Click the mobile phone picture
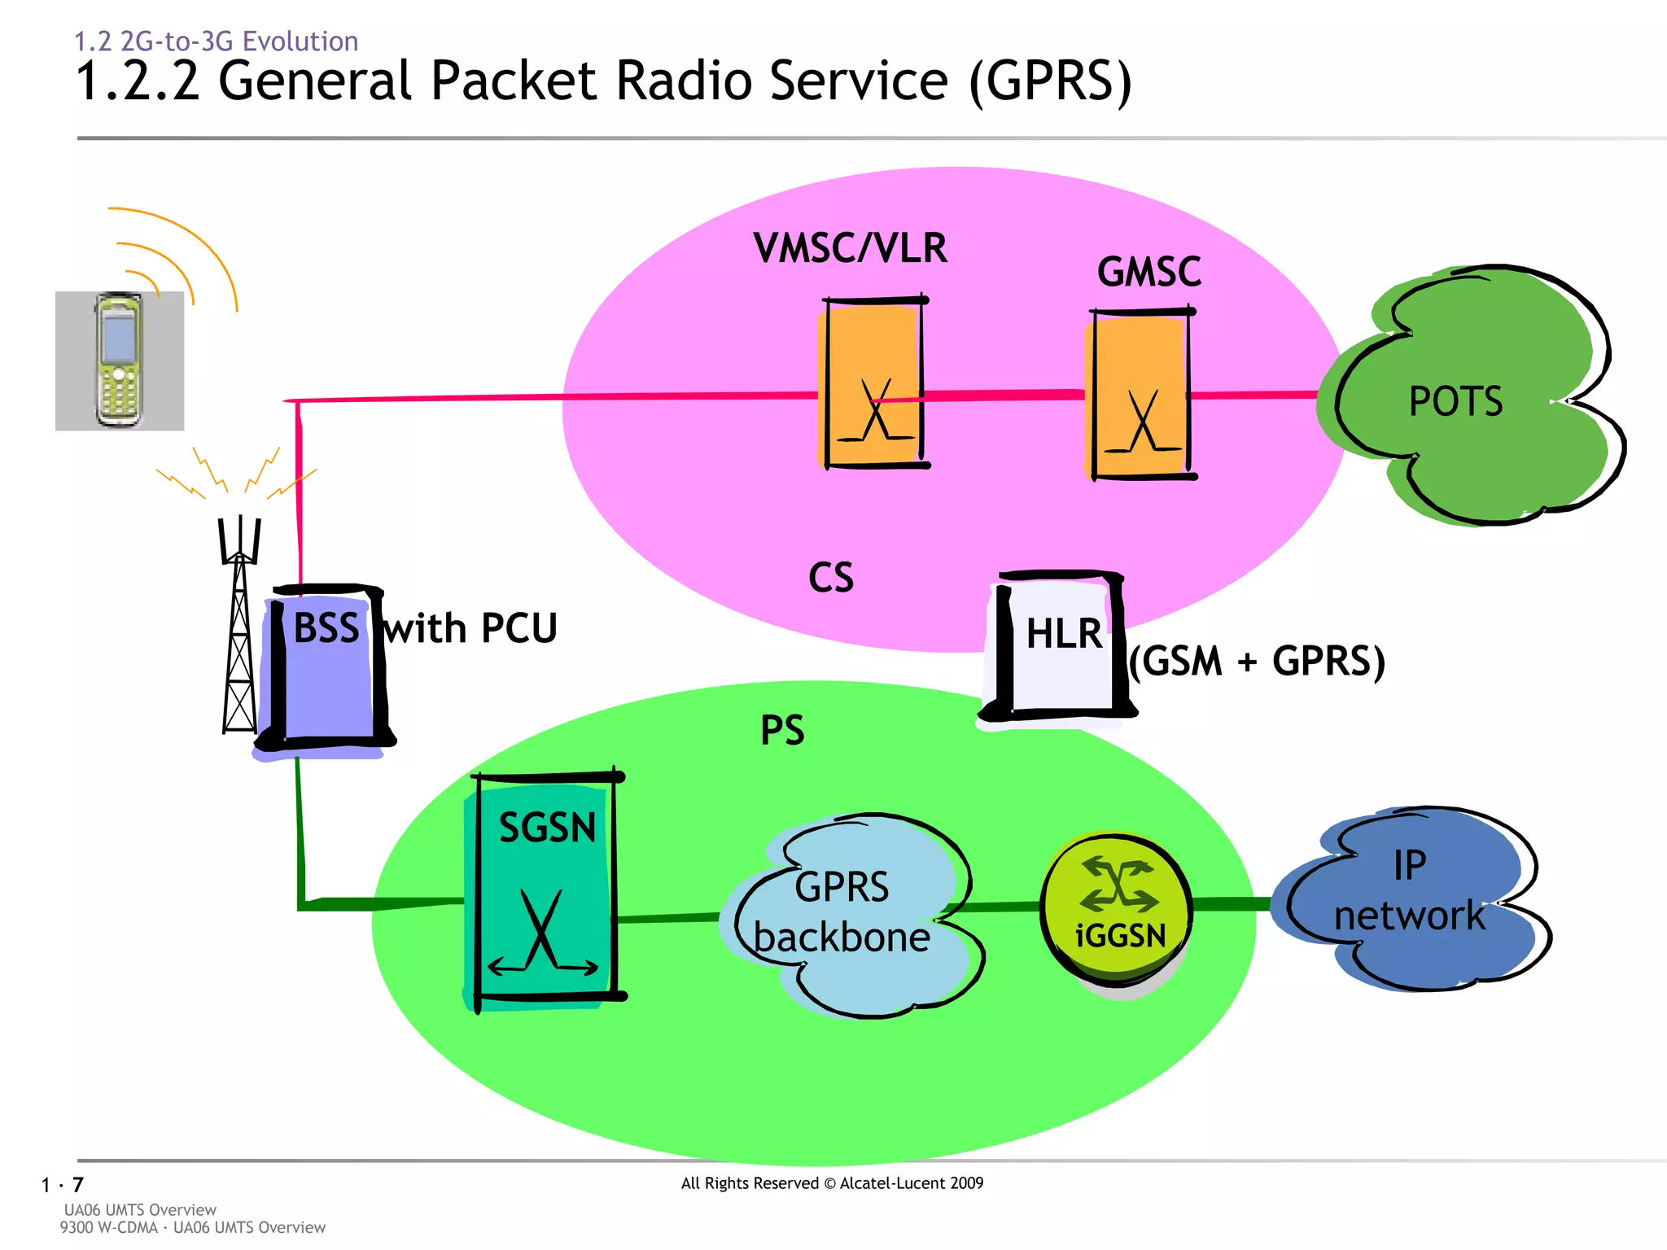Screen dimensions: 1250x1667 point(120,361)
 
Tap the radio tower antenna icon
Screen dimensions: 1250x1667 point(239,627)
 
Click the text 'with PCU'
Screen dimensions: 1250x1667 point(470,628)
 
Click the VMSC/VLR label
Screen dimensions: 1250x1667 point(850,248)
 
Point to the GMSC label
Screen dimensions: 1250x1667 point(1149,272)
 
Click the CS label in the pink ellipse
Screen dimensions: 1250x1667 point(830,578)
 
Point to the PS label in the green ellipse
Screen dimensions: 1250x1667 point(782,730)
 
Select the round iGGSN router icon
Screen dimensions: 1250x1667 point(1117,907)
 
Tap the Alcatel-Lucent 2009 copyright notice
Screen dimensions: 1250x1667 point(832,1183)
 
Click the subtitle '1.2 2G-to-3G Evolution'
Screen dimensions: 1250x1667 point(216,41)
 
